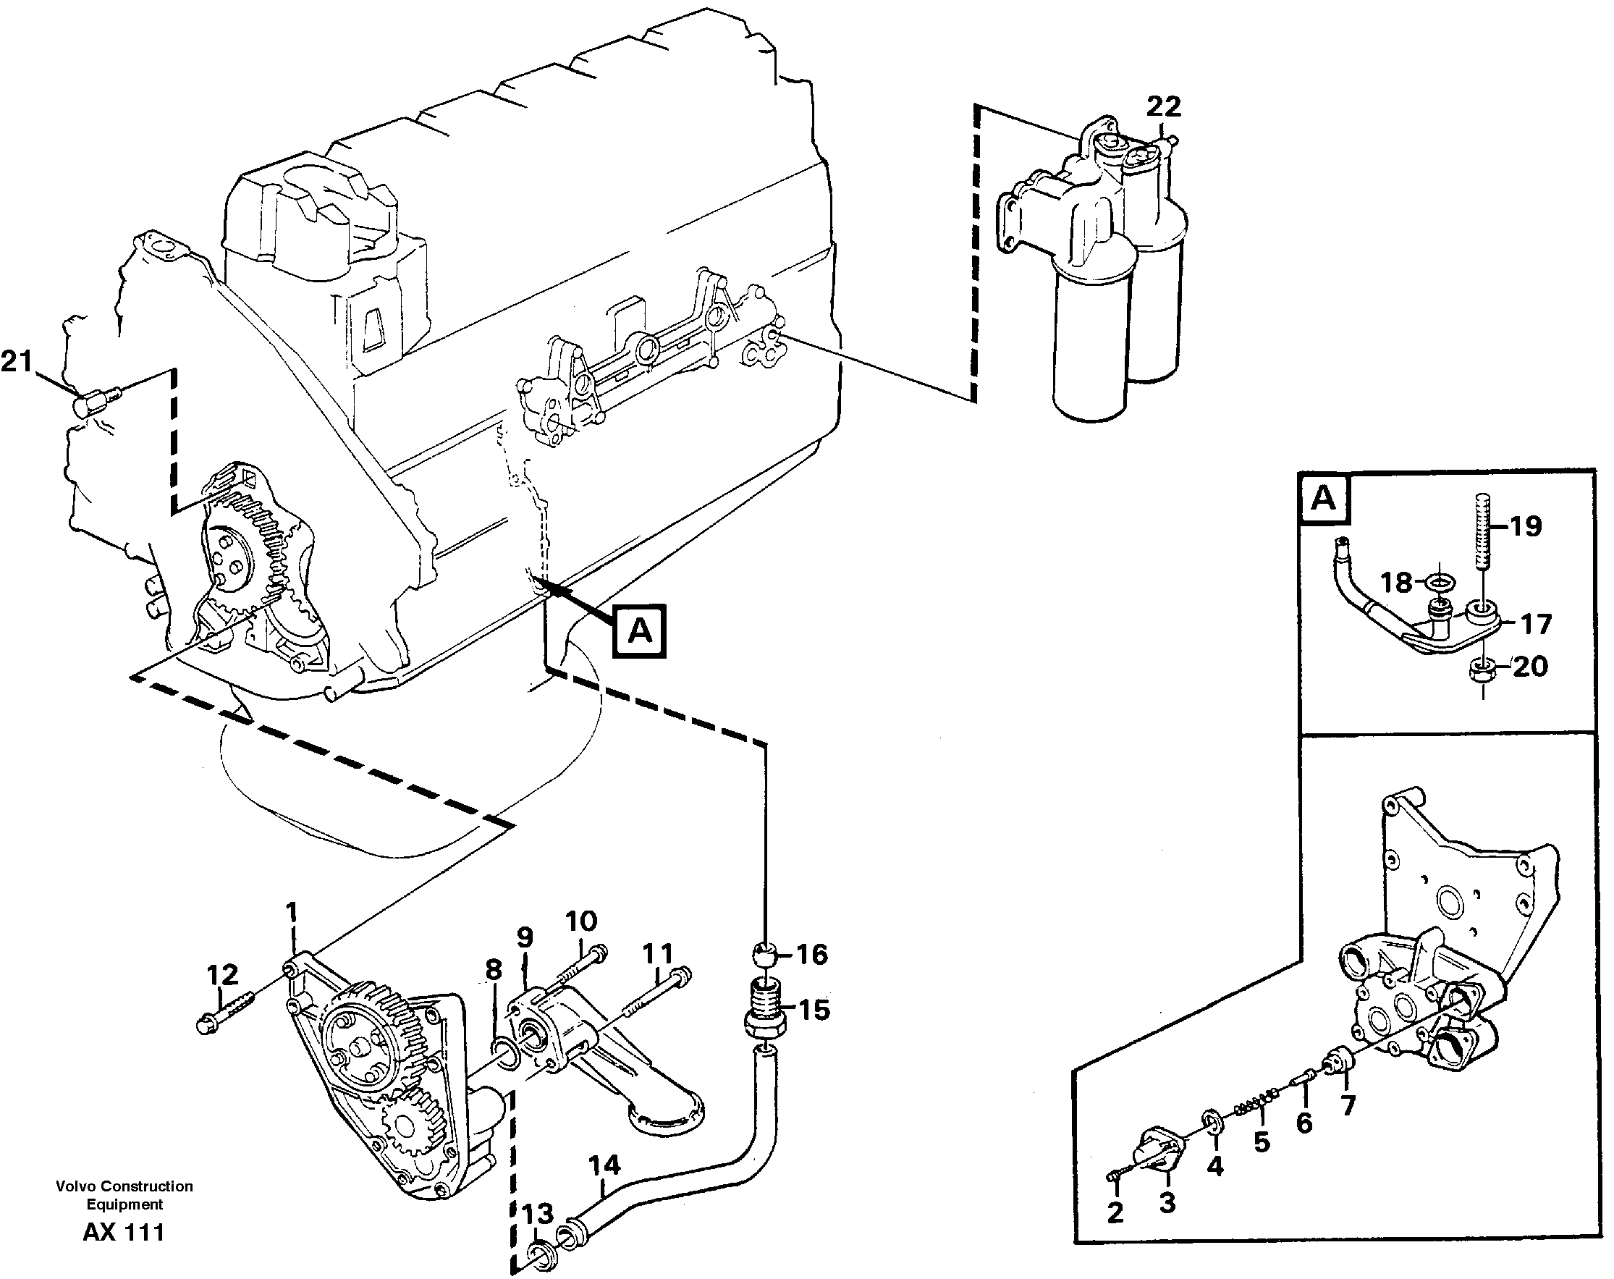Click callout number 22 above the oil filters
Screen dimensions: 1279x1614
[x=1163, y=107]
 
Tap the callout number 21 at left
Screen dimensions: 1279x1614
[x=17, y=363]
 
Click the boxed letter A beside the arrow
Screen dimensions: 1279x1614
[x=639, y=631]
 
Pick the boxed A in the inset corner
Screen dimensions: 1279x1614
[x=1324, y=498]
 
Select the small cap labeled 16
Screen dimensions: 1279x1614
[x=764, y=955]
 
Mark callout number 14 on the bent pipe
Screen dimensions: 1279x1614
[x=604, y=1165]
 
